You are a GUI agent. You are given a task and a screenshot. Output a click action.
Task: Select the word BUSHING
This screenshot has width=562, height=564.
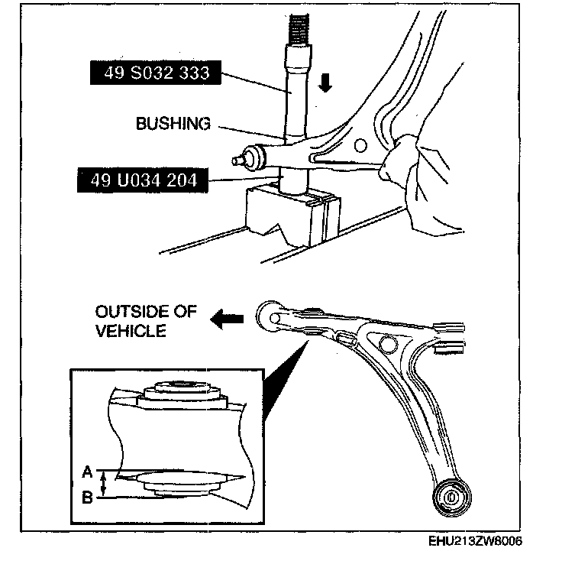pos(173,123)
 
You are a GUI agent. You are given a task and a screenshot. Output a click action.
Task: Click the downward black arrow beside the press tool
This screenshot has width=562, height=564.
pos(326,83)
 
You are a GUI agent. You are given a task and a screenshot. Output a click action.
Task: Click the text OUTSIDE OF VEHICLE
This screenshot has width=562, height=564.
pos(146,321)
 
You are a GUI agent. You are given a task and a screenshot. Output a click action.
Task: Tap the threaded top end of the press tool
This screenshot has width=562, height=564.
pos(298,27)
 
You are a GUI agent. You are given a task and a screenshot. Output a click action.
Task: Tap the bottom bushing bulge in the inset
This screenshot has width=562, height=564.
pos(181,484)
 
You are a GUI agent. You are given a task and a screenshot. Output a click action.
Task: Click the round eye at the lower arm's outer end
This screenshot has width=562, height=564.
pos(270,315)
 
